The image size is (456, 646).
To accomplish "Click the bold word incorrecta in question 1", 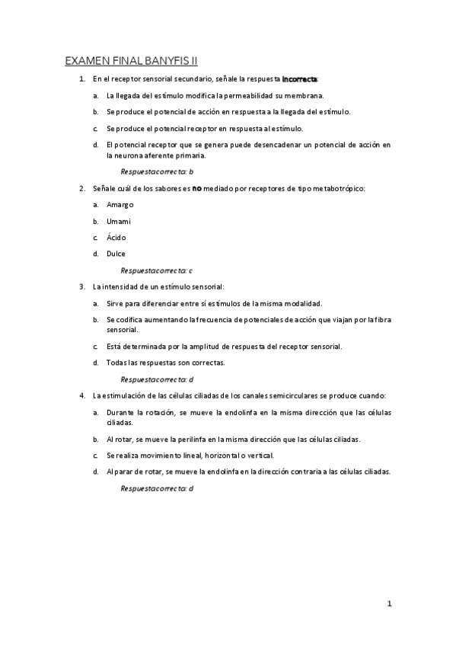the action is click(x=301, y=79).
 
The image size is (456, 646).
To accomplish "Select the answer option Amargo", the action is click(x=120, y=206).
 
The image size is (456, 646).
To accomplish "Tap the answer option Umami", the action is click(x=120, y=222).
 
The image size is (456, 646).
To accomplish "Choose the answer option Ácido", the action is click(x=116, y=238).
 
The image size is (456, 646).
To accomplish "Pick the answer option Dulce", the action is click(x=116, y=254).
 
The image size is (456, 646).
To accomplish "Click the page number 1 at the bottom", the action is click(x=390, y=604).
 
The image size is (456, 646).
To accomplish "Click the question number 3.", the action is click(x=81, y=286).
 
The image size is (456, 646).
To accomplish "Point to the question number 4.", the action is click(x=81, y=396).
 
